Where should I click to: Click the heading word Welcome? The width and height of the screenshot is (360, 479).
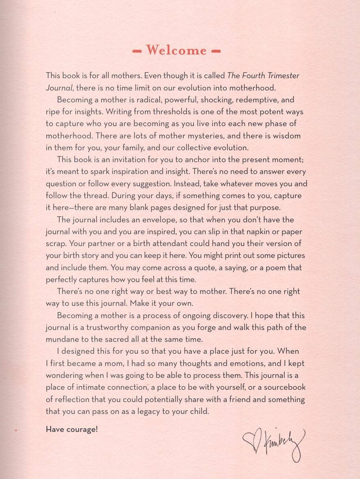(x=176, y=50)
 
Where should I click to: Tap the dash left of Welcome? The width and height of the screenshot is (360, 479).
(x=137, y=51)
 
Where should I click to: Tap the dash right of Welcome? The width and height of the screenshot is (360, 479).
(x=216, y=51)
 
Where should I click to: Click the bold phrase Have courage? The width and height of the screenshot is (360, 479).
(x=72, y=429)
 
